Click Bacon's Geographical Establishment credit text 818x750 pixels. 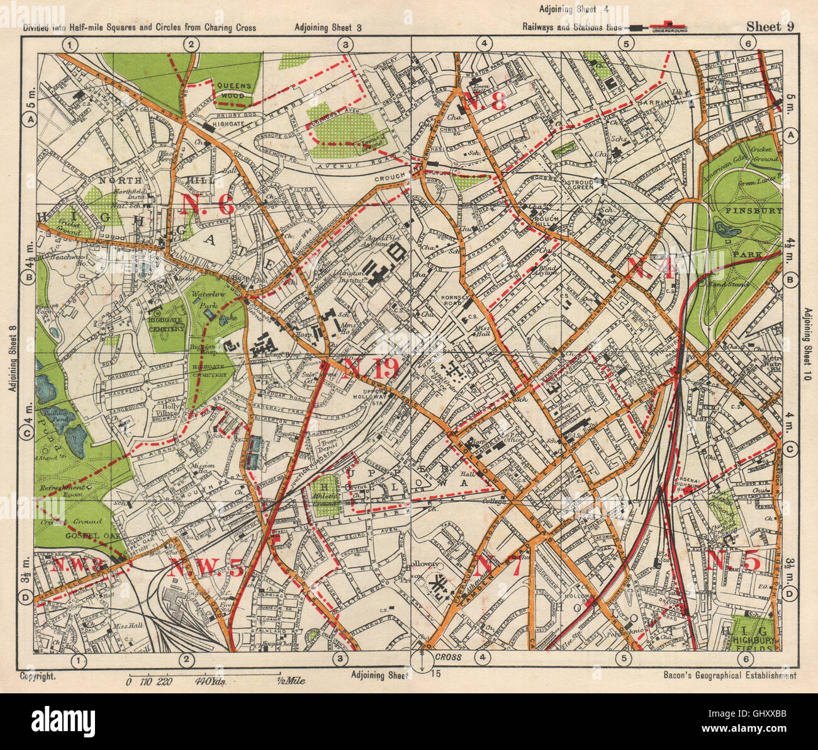pos(729,676)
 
